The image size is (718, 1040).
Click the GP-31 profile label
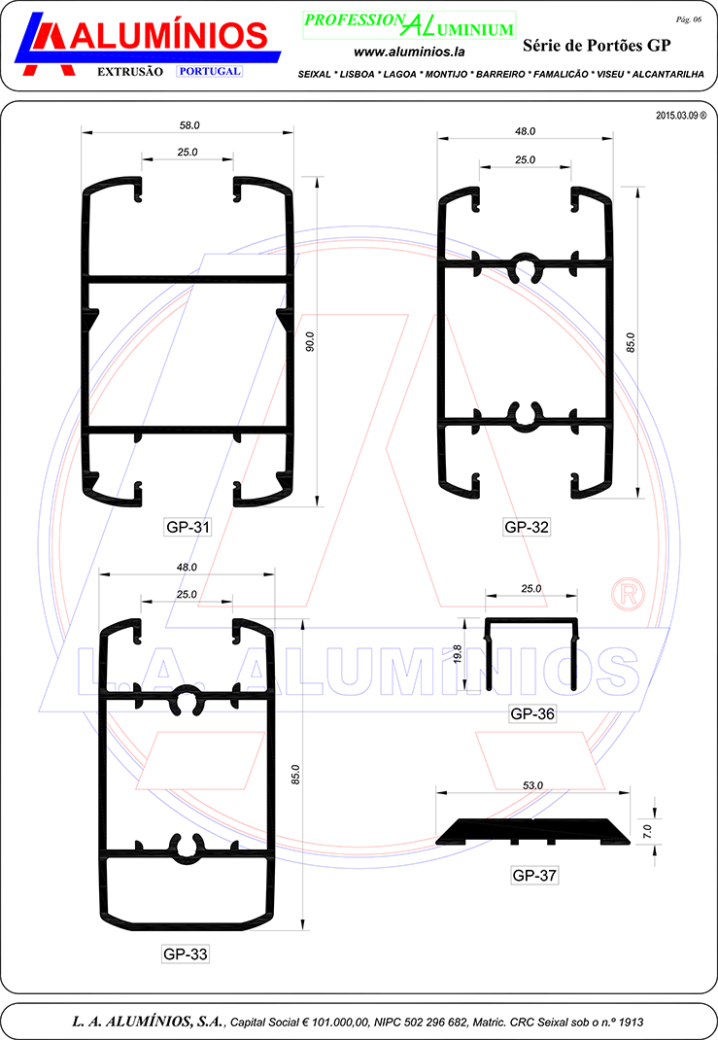coord(188,528)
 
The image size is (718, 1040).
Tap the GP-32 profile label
coord(527,528)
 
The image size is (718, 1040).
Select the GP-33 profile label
coord(185,954)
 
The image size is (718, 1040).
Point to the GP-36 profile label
coord(532,713)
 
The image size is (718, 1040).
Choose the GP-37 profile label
coord(534,876)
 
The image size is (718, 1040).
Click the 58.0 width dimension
coord(189,125)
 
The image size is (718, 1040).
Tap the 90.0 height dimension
coord(310,341)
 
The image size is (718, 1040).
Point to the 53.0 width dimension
coord(532,785)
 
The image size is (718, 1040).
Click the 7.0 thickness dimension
coord(647,831)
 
